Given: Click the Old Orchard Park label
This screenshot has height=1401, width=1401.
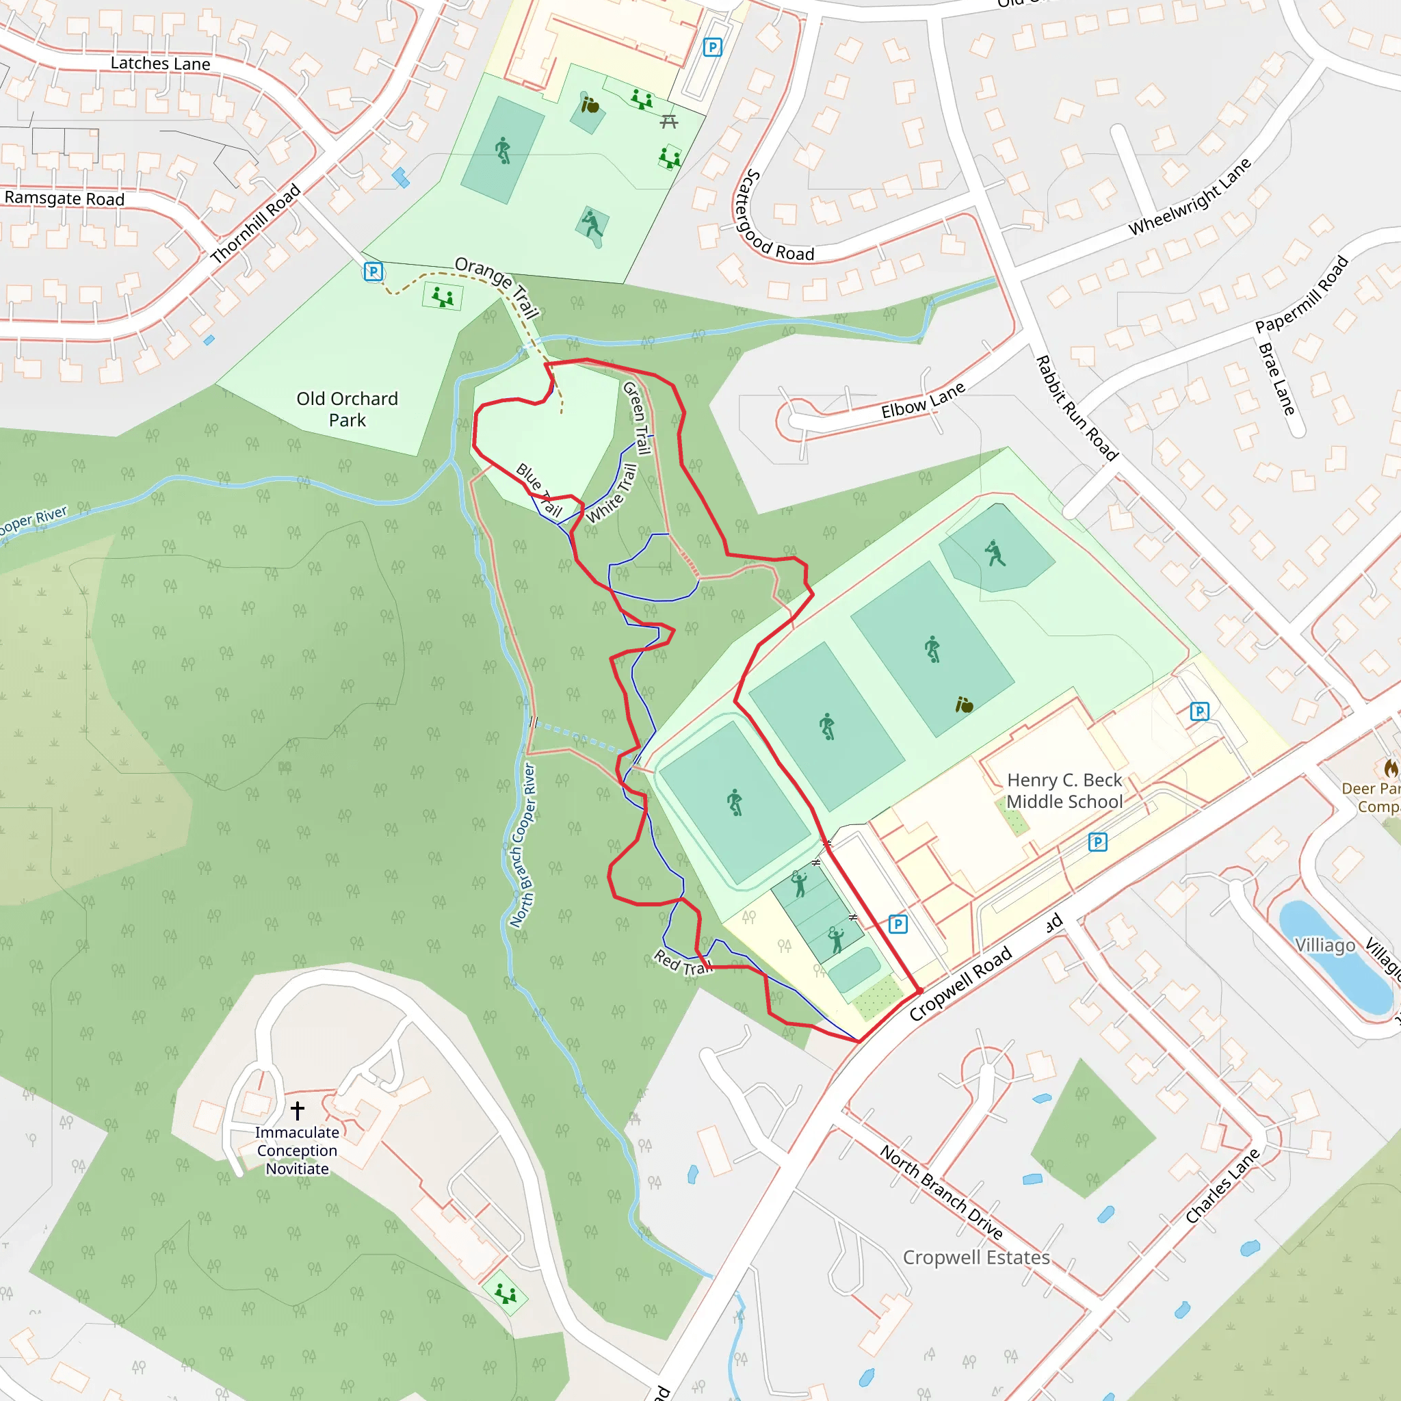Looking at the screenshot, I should click(347, 409).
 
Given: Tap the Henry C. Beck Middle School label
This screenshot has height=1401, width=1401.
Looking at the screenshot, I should click(1064, 790).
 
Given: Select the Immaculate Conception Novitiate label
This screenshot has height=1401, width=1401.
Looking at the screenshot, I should click(297, 1150).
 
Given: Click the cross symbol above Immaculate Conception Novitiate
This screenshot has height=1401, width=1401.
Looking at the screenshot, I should click(298, 1110).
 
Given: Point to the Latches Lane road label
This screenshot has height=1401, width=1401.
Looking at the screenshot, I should click(160, 64).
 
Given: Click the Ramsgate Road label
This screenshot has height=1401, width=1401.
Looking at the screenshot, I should click(64, 198).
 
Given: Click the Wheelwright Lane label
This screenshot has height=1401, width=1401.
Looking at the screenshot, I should click(1189, 196).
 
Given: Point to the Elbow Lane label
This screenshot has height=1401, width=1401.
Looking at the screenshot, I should click(922, 400).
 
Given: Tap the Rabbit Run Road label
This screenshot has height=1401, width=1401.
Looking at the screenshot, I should click(1075, 408).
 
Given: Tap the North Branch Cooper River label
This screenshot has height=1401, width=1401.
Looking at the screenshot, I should click(522, 845).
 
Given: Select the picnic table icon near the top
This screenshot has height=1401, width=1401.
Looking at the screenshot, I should click(668, 122).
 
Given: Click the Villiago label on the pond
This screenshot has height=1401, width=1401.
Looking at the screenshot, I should click(1325, 945).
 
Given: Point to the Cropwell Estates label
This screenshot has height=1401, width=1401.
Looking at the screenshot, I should click(976, 1257).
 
